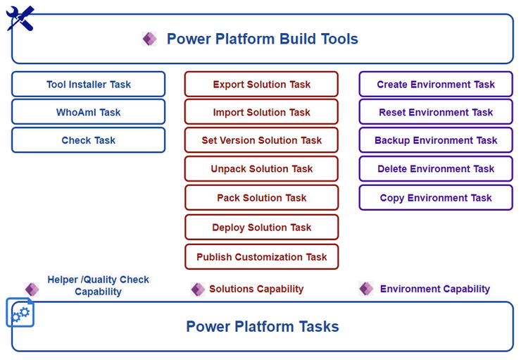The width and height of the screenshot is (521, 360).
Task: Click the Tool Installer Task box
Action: point(89,84)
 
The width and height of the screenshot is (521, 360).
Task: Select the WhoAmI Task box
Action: point(89,112)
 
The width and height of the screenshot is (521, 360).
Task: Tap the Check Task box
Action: point(89,140)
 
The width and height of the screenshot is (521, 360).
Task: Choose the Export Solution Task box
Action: point(261,84)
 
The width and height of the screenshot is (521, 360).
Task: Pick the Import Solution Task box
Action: point(261,112)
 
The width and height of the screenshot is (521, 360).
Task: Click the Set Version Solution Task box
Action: point(261,140)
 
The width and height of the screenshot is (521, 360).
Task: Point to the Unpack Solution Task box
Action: point(261,168)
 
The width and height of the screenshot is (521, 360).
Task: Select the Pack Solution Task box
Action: point(261,198)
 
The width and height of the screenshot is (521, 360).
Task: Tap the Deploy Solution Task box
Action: point(261,228)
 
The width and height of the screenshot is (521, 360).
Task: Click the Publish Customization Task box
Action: point(261,257)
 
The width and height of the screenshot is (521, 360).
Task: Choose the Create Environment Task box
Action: point(436,84)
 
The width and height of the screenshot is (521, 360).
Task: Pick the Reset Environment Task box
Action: point(436,112)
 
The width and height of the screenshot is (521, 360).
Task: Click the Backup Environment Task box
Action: point(436,140)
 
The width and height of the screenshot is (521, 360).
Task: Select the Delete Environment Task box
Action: point(436,168)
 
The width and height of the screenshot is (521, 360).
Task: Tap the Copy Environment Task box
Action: point(436,198)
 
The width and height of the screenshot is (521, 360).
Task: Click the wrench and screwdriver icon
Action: point(20,18)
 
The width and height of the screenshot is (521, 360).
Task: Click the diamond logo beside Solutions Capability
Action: point(198,289)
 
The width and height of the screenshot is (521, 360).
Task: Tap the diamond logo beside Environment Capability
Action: point(366,289)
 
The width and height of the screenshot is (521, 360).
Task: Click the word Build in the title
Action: point(297,39)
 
